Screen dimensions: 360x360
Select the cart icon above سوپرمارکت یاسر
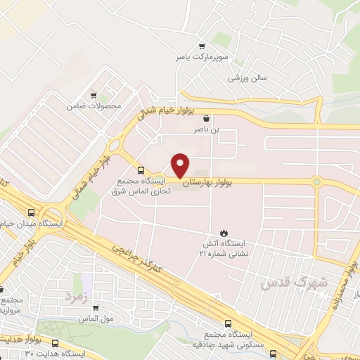tap(202, 44)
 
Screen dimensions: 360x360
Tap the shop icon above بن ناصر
tap(206, 119)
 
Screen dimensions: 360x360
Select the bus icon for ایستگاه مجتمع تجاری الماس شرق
tap(142, 170)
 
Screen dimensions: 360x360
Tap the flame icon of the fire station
tap(224, 232)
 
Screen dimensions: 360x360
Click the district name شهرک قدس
tap(284, 281)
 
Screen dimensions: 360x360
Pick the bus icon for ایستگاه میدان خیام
tap(31, 212)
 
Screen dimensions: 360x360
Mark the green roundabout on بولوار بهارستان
tap(316, 182)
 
